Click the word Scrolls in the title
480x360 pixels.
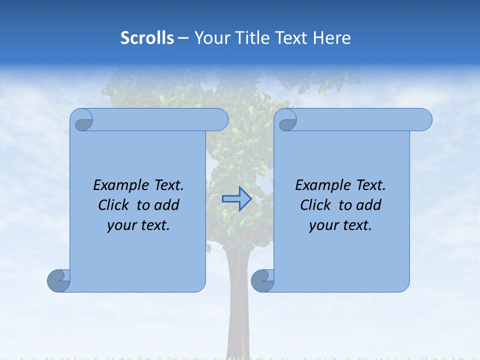(147, 38)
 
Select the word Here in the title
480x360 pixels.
(332, 38)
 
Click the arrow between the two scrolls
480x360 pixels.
(237, 199)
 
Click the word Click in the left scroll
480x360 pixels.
(114, 205)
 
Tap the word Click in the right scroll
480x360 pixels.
(316, 205)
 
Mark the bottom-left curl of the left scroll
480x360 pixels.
(58, 281)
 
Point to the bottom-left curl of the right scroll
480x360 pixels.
(262, 281)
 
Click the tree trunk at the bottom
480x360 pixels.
(238, 320)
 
